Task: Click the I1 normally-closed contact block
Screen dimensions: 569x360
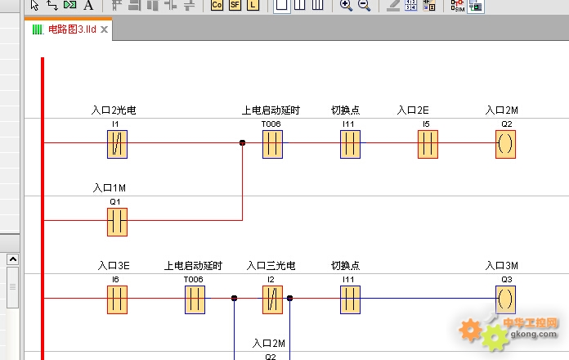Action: (x=117, y=144)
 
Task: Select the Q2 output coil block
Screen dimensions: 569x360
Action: (x=505, y=144)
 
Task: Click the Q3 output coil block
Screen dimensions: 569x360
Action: (x=505, y=299)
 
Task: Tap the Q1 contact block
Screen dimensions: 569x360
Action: (x=117, y=222)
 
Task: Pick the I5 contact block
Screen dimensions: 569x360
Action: (x=428, y=144)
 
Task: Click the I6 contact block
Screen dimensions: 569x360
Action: (x=117, y=299)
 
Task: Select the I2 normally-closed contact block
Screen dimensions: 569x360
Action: (x=272, y=299)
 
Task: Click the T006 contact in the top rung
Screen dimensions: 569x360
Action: (x=272, y=144)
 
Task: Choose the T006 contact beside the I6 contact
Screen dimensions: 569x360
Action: (x=195, y=299)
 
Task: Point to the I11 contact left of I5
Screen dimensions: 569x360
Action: (x=350, y=144)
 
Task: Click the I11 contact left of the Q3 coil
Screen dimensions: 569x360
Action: (x=350, y=299)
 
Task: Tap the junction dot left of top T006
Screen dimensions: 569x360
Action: (x=243, y=142)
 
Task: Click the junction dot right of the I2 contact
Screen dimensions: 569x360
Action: (x=289, y=299)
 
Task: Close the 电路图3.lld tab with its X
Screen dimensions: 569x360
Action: (x=104, y=29)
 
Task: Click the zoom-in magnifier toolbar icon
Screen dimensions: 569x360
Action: (x=346, y=5)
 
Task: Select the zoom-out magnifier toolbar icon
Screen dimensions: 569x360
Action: (x=364, y=5)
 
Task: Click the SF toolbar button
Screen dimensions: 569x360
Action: (x=235, y=5)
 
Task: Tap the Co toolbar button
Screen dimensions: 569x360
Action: (x=217, y=5)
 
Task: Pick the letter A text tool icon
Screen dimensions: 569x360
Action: (x=88, y=5)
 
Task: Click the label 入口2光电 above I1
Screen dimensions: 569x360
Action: (x=114, y=110)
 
